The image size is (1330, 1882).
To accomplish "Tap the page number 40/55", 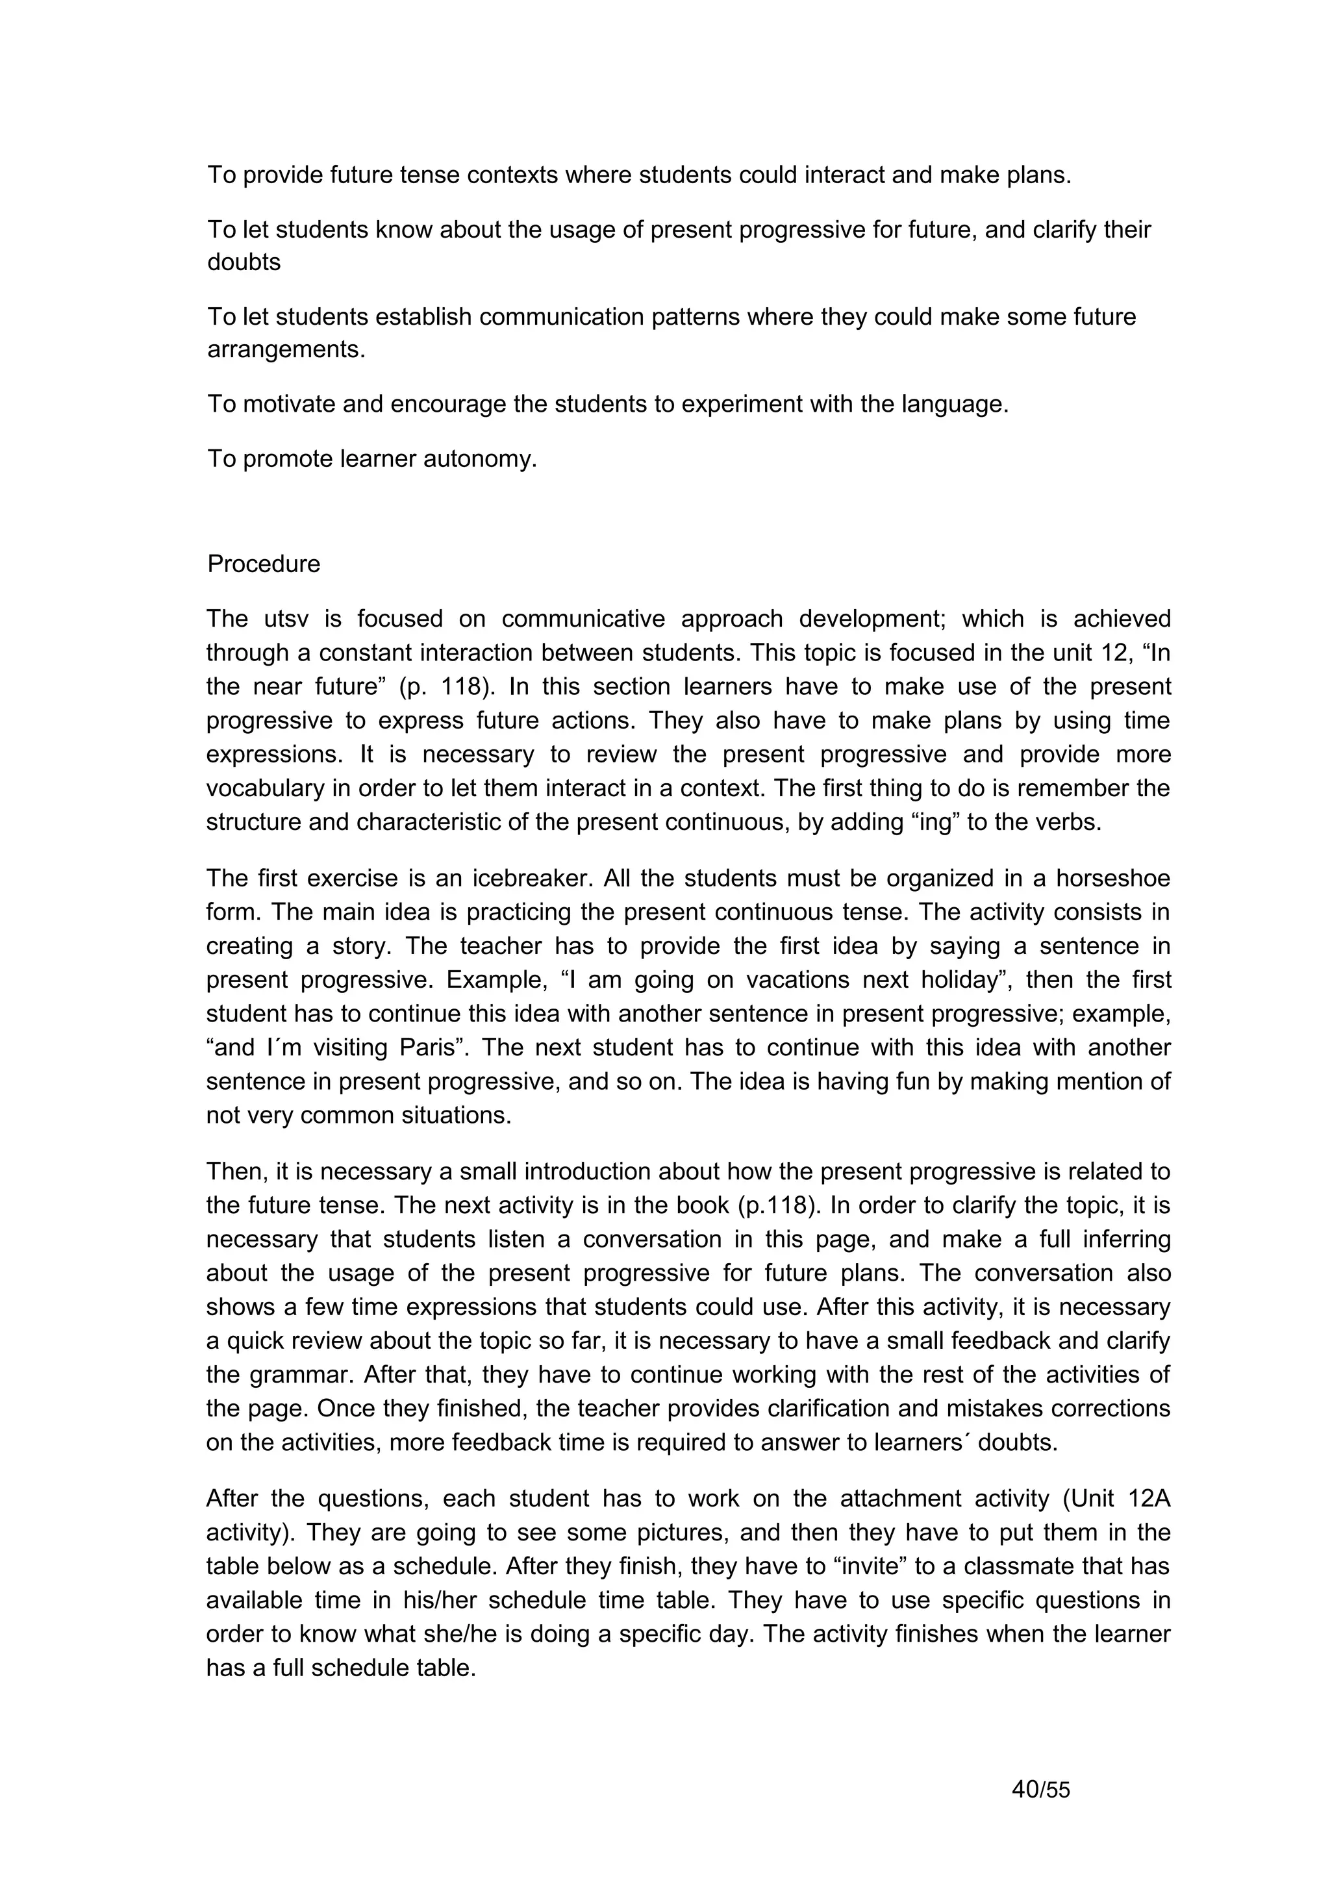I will [x=1041, y=1789].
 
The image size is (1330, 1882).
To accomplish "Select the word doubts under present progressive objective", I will [x=244, y=262].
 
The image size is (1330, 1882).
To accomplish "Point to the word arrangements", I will [x=285, y=350].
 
